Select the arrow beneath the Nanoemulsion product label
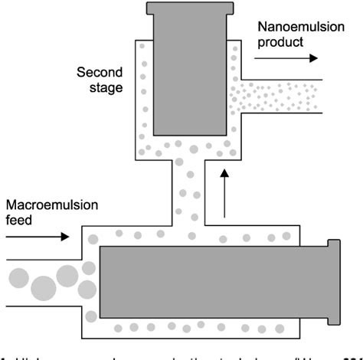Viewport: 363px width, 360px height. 291,57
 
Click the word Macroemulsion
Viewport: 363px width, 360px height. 48,205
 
